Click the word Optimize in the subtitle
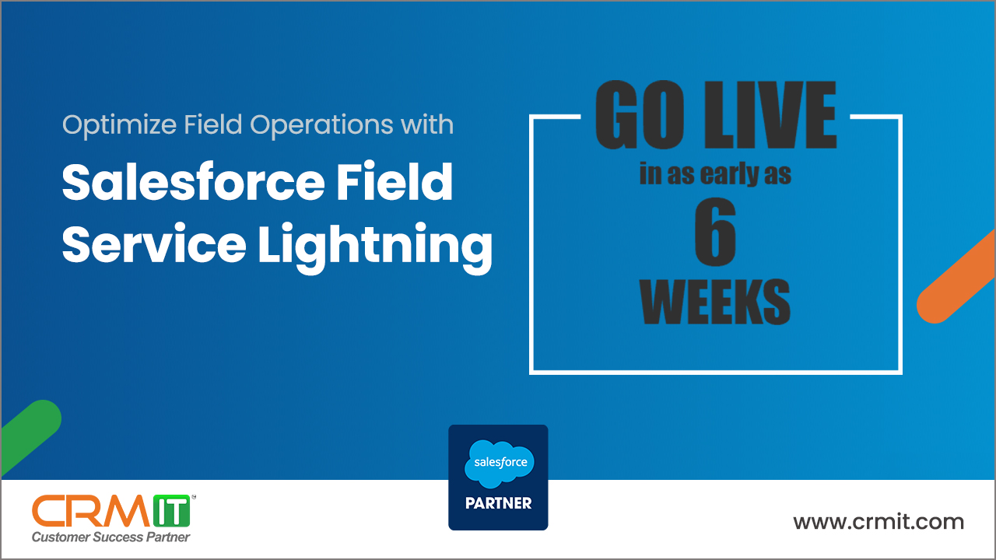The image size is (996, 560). click(x=109, y=125)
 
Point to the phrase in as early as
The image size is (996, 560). click(x=715, y=174)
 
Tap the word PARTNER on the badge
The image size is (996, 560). click(x=498, y=503)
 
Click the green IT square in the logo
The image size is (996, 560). click(x=172, y=510)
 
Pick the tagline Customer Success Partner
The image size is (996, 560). click(x=110, y=537)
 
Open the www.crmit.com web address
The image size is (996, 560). click(x=879, y=521)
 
